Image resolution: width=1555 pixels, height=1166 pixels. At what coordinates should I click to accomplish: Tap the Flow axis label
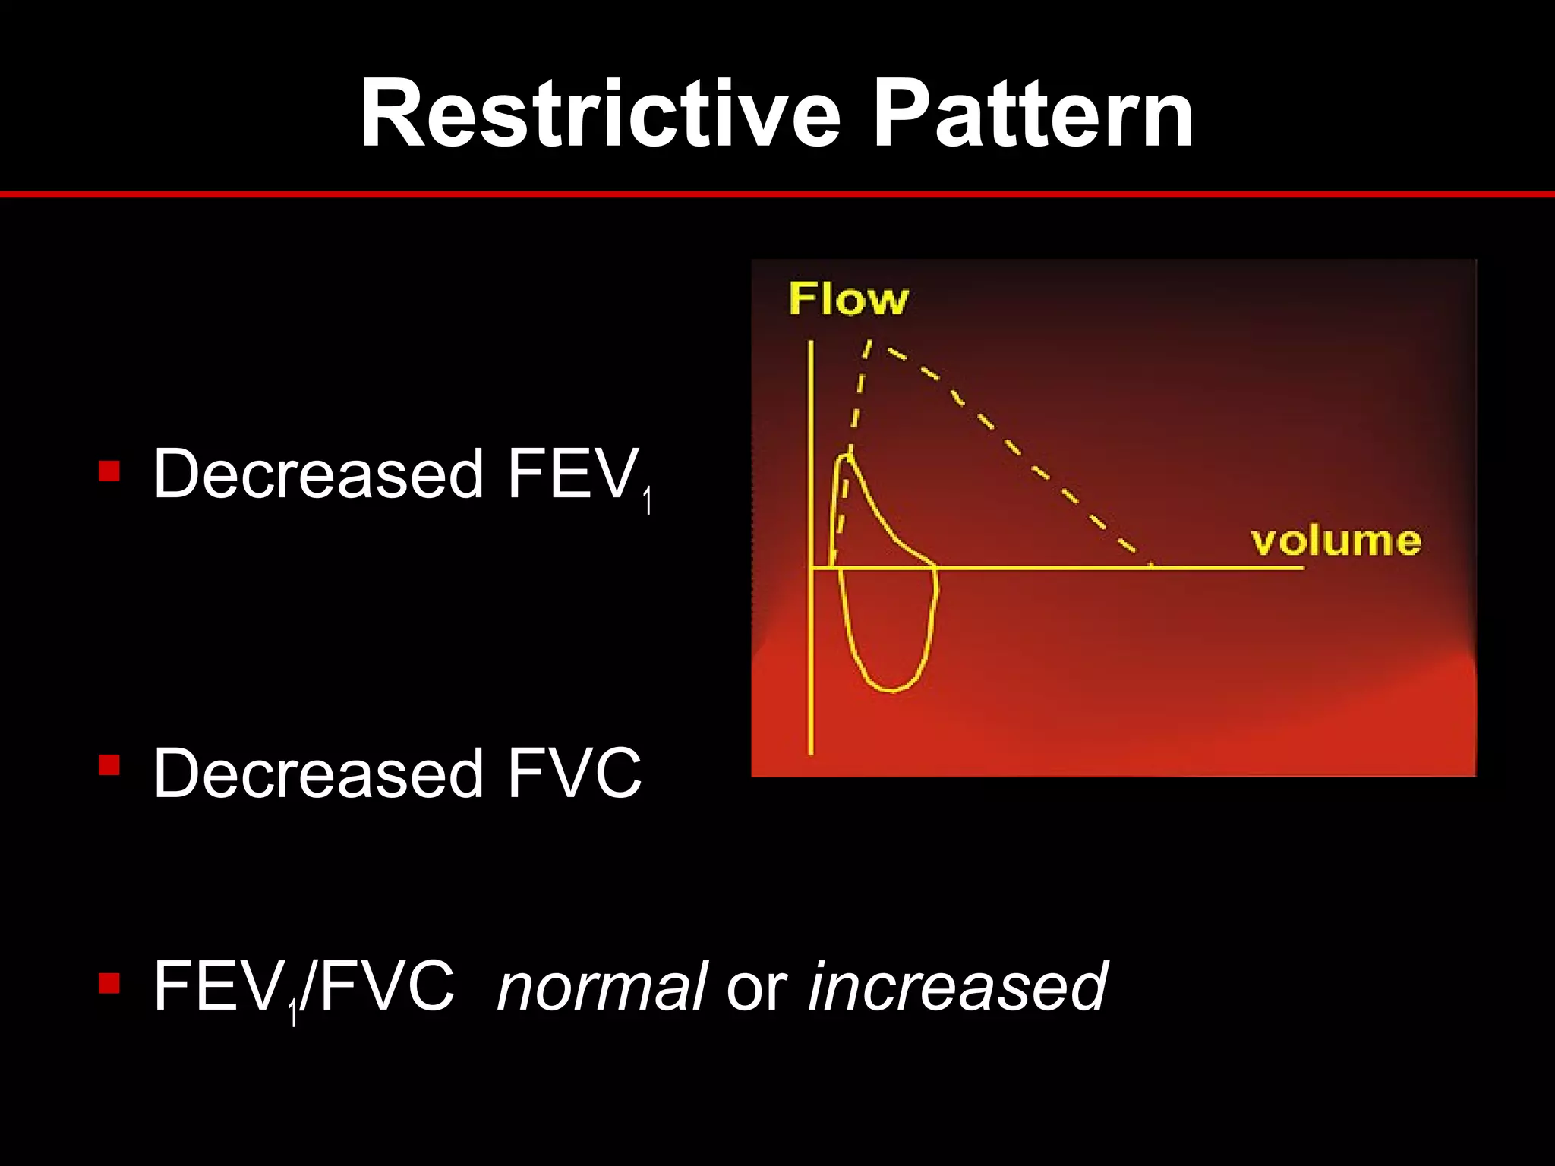pos(848,299)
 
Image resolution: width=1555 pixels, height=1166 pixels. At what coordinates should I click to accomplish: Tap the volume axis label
pos(1336,541)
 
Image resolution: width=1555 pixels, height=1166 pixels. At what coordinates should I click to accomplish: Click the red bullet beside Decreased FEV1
pos(109,471)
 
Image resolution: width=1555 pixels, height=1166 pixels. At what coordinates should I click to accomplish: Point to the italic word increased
pos(957,987)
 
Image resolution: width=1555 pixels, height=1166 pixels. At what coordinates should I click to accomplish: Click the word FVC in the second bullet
pos(574,774)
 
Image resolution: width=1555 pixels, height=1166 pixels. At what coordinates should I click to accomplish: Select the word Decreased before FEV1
pos(318,474)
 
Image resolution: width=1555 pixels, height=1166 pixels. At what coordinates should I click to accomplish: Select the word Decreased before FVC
pos(318,774)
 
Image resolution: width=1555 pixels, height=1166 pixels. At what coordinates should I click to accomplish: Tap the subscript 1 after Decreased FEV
pos(647,503)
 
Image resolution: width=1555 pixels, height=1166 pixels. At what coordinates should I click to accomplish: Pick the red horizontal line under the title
pos(777,195)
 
